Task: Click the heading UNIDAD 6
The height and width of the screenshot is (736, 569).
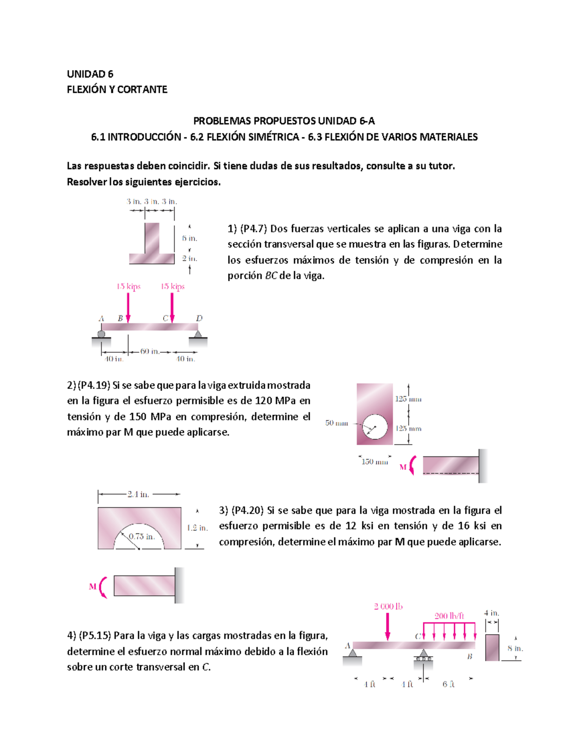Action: pos(90,74)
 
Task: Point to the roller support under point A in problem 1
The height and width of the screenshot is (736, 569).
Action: pos(101,334)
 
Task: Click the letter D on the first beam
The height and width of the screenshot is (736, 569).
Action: pos(199,318)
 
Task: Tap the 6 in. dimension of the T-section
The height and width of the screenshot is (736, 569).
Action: pos(189,238)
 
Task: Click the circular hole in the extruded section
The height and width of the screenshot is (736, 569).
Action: pos(375,427)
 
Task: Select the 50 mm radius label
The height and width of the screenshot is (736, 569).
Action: pos(336,423)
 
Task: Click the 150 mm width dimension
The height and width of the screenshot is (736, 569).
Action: pos(375,462)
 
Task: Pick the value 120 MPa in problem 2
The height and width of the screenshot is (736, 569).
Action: pos(275,401)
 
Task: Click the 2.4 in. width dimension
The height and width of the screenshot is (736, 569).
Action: pos(138,494)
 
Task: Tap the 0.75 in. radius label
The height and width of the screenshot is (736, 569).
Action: pos(142,536)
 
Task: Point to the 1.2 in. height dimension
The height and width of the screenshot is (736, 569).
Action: pos(197,527)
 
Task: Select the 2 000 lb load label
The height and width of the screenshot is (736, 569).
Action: pos(388,606)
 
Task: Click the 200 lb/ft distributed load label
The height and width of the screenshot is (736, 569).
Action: pos(449,616)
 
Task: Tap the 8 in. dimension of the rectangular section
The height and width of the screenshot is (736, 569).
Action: pos(515,648)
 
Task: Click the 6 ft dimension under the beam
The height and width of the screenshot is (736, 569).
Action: pos(448,684)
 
